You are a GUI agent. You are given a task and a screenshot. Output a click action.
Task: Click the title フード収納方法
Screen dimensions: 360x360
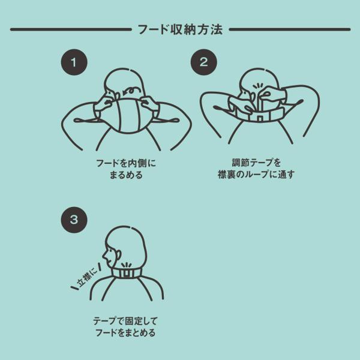click(x=180, y=29)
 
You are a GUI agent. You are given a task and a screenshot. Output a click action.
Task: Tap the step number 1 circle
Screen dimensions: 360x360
click(x=74, y=62)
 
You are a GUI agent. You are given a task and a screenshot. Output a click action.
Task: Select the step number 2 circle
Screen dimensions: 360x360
click(x=203, y=62)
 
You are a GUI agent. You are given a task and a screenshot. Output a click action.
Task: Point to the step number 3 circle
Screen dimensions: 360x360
click(x=74, y=220)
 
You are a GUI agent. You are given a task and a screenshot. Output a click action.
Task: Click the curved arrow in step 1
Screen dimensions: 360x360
click(x=133, y=90)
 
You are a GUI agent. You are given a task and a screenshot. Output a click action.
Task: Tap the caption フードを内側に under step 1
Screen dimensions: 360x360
click(x=126, y=163)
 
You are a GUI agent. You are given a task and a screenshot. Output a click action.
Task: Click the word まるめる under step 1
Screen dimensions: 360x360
click(x=126, y=175)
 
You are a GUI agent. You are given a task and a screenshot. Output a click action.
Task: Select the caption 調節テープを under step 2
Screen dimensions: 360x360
click(x=256, y=163)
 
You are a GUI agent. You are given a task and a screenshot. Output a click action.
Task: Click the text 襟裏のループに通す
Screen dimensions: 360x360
click(x=256, y=175)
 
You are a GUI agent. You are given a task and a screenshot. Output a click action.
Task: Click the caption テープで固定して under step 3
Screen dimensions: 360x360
click(x=125, y=321)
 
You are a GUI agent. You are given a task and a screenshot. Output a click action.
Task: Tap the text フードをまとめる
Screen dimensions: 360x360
click(x=125, y=332)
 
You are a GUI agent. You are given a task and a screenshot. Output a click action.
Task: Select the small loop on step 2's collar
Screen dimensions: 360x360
click(x=260, y=118)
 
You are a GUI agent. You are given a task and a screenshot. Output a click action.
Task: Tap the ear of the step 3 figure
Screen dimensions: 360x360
click(x=118, y=256)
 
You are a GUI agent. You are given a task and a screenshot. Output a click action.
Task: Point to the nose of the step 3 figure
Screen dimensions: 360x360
click(x=104, y=255)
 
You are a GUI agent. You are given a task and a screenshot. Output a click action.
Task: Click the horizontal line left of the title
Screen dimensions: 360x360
click(x=71, y=29)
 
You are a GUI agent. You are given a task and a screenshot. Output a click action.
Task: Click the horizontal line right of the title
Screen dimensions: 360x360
click(x=290, y=29)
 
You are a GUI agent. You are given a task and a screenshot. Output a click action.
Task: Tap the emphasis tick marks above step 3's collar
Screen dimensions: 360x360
click(x=126, y=265)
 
